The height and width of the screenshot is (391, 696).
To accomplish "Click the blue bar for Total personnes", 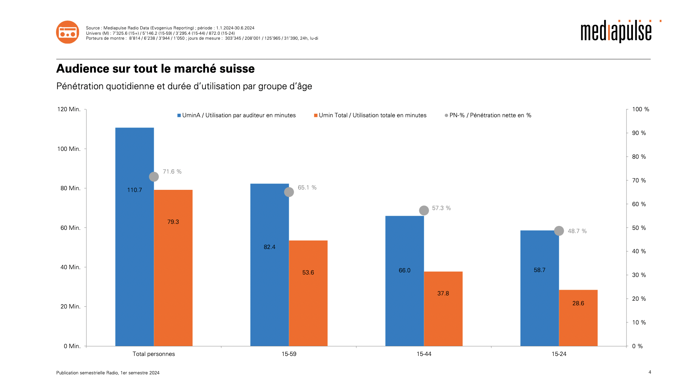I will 134,248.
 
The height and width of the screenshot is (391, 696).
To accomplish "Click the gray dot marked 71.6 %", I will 154,177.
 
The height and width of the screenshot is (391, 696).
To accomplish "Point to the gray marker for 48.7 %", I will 559,231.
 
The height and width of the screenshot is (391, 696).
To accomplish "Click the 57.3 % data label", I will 441,208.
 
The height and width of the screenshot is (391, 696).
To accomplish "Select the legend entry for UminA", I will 236,115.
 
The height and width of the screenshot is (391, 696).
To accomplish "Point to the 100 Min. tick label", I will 69,149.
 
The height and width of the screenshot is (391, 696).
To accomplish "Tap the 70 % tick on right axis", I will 639,181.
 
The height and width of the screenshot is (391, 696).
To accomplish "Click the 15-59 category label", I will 289,354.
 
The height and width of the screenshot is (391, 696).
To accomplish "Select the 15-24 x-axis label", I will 559,354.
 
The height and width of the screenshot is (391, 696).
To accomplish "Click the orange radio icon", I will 67,32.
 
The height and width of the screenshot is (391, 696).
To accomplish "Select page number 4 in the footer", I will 650,372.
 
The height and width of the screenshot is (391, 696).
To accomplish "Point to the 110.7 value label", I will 134,190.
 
